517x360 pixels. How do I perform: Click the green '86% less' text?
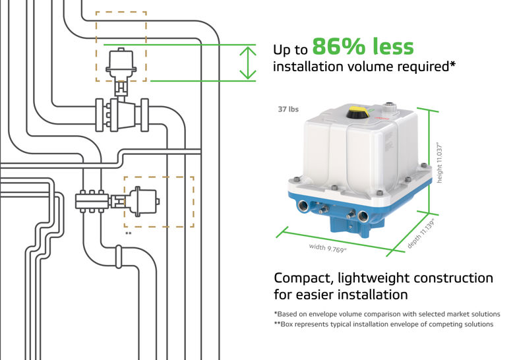pos(363,47)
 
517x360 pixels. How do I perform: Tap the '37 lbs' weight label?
pos(288,109)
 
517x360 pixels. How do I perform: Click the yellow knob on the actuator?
pos(359,112)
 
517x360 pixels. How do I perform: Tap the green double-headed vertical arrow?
pos(247,62)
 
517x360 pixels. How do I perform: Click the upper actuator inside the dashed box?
pos(120,63)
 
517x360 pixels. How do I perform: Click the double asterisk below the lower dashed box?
pos(128,233)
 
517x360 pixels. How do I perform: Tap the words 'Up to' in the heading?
pos(290,50)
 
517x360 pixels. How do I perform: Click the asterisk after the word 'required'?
pos(452,65)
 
